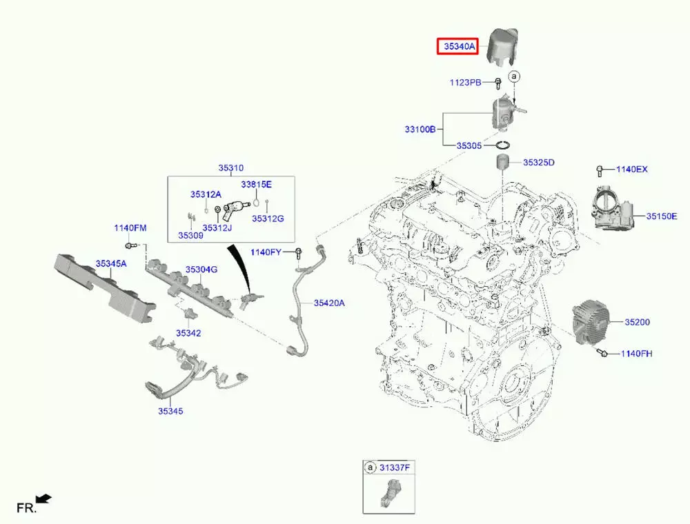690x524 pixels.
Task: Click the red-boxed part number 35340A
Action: tap(460, 47)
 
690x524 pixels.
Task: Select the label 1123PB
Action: tap(466, 83)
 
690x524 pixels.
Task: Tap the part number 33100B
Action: tap(420, 129)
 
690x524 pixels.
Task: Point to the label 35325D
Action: tap(538, 163)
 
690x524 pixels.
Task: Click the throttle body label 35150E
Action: tap(662, 216)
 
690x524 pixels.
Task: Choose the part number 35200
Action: tap(637, 322)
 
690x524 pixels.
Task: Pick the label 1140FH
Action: tap(635, 354)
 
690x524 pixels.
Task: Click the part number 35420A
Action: tap(329, 303)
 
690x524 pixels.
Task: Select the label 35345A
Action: tap(111, 263)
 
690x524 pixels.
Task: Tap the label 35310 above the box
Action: tap(231, 168)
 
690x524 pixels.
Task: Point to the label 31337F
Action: tap(394, 467)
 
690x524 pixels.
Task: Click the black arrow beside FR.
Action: tap(44, 498)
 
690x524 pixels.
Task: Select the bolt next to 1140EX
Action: tap(601, 170)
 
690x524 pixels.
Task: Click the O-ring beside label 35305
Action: tap(503, 145)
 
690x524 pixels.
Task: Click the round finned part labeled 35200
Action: tap(592, 322)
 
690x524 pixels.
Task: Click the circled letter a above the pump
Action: tap(513, 75)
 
